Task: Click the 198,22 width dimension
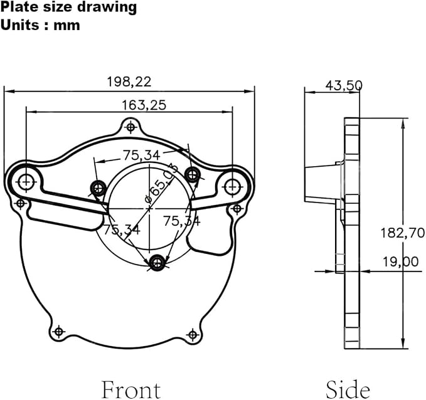pos(129,82)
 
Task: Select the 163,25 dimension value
pos(144,105)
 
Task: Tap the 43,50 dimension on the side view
pos(344,86)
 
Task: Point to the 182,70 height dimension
pos(402,233)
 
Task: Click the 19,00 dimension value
pos(400,262)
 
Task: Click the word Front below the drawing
pos(131,390)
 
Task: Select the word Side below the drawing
pos(348,390)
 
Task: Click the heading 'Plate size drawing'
pos(68,8)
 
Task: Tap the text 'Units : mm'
pos(40,25)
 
